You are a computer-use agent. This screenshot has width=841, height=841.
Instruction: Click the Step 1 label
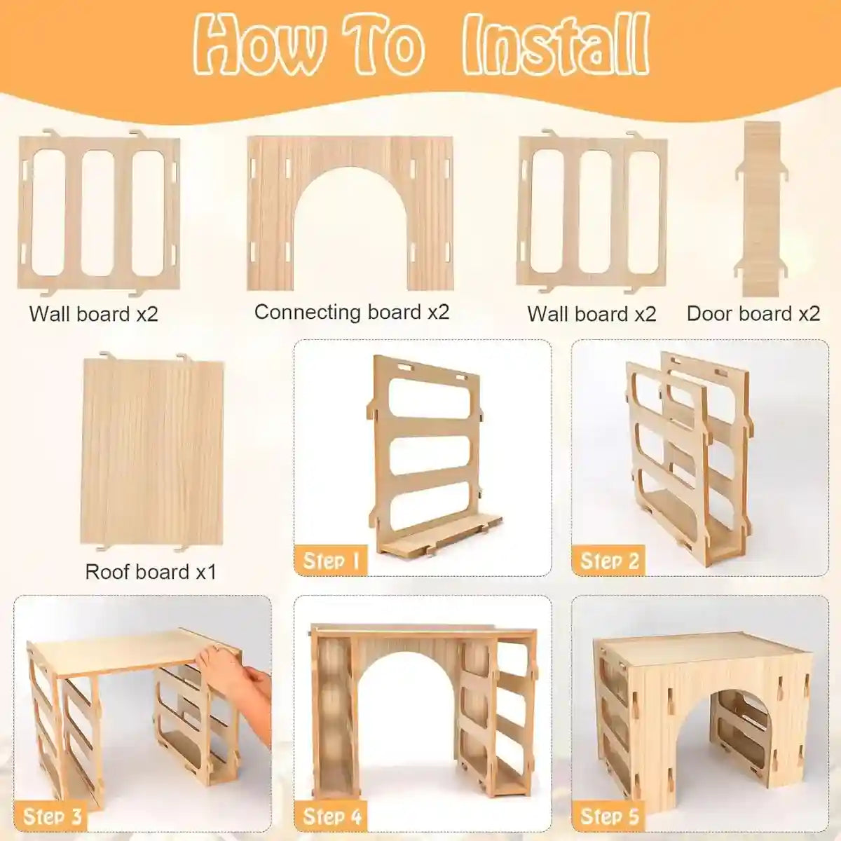pos(331,560)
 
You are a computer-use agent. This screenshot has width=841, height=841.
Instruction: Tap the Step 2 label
pos(609,560)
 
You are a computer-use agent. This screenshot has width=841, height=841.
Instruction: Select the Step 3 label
pos(52,816)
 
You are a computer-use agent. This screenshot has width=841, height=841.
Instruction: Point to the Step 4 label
pos(331,816)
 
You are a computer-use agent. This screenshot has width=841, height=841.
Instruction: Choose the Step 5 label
pos(609,816)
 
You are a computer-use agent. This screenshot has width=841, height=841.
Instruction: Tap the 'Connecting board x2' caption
pos(351,312)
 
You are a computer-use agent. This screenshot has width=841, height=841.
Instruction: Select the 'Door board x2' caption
pos(753,313)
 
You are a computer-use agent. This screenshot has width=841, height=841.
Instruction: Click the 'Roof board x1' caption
pos(151,572)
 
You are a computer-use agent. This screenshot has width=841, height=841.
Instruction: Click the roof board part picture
pos(152,451)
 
